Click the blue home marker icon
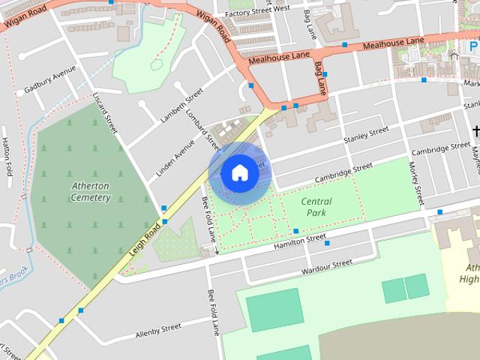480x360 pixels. (239, 172)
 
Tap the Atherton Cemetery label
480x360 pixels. (91, 191)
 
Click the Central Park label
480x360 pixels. (316, 207)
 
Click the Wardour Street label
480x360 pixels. (326, 266)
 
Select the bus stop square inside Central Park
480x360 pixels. (296, 231)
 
